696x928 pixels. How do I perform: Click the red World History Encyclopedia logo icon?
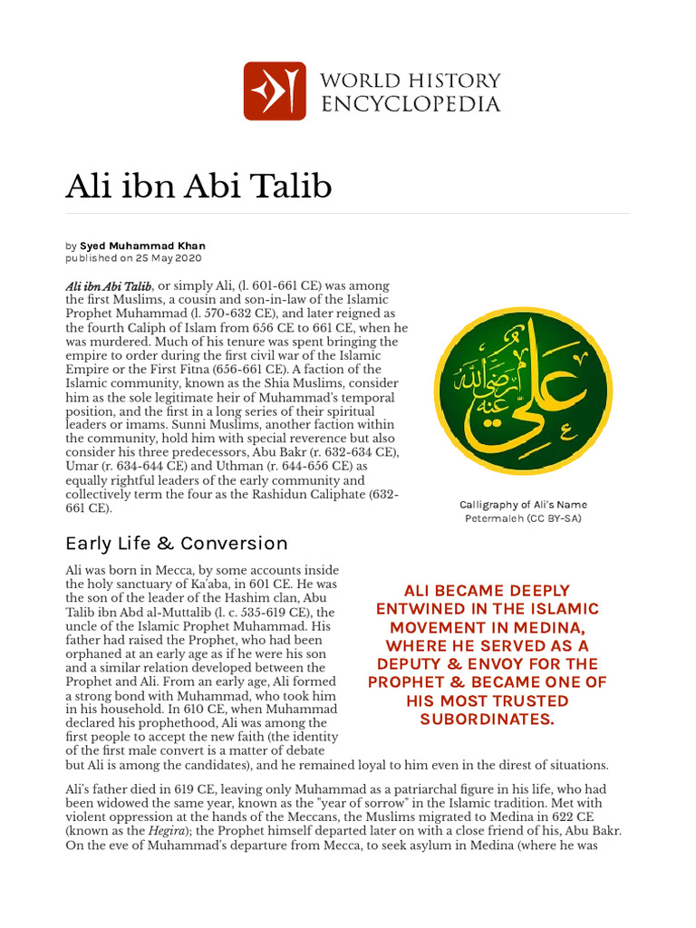click(275, 91)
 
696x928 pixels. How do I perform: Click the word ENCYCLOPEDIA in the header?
click(411, 104)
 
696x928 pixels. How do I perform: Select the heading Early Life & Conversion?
click(176, 544)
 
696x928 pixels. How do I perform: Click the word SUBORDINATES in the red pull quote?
click(487, 720)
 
